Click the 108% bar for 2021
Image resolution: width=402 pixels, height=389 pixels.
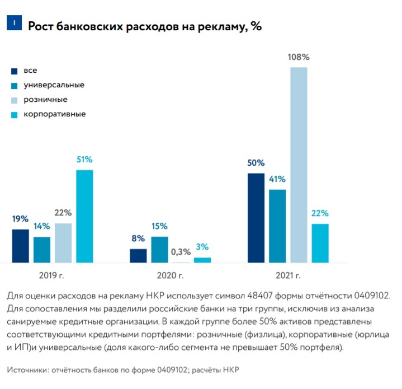(299, 165)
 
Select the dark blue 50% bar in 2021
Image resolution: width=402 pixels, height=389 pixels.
(256, 218)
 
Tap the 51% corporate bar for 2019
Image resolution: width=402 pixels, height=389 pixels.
(84, 216)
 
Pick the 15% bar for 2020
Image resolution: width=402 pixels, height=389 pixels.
(159, 250)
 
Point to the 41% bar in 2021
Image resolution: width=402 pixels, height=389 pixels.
(277, 226)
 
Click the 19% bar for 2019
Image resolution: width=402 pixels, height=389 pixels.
(21, 246)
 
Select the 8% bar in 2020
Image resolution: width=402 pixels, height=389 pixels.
(138, 256)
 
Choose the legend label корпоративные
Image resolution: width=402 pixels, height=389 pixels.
(54, 114)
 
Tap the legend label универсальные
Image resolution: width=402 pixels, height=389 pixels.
(54, 85)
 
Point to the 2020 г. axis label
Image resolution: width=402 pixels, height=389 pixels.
(170, 275)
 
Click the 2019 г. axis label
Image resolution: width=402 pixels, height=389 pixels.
(53, 275)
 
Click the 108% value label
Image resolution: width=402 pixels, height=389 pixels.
(299, 57)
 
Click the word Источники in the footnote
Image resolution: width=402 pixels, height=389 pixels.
(27, 370)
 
